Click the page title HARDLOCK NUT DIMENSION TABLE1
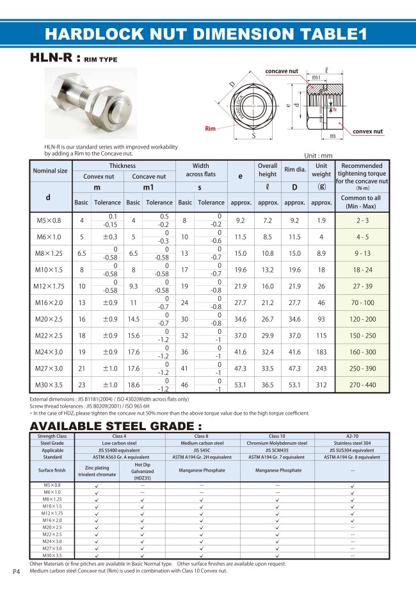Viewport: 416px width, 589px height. [207, 34]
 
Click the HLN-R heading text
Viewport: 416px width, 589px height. [54, 58]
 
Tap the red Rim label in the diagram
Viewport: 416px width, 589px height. [210, 129]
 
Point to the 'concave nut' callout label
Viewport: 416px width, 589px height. [282, 71]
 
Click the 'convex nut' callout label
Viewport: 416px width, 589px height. [367, 131]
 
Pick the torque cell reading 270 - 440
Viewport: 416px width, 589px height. [361, 385]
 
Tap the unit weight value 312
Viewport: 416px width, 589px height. [321, 385]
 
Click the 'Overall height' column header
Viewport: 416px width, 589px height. [267, 170]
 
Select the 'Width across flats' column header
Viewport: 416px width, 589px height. [200, 170]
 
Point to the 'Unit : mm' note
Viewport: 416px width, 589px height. [318, 155]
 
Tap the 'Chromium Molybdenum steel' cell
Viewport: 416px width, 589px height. [277, 443]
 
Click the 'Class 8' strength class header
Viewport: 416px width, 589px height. [202, 436]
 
